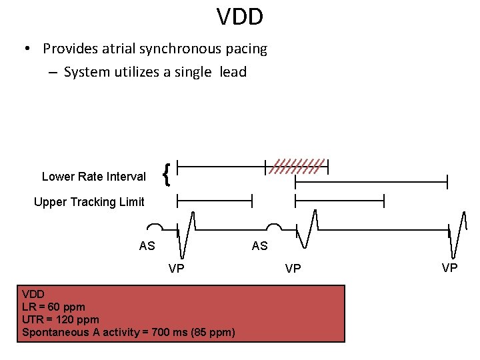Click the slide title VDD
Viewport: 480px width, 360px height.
(x=240, y=17)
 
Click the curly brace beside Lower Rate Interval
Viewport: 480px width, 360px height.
(x=167, y=175)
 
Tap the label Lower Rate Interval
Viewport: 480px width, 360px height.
(x=93, y=177)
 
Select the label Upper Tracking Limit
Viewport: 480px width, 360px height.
(x=89, y=202)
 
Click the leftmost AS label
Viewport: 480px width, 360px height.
(x=147, y=246)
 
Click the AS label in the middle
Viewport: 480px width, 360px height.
(x=259, y=246)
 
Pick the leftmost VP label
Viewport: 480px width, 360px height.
(x=176, y=269)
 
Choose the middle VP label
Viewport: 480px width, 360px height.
(x=293, y=269)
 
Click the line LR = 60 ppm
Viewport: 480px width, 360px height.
(x=53, y=307)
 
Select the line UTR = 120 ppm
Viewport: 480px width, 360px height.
(x=60, y=319)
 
